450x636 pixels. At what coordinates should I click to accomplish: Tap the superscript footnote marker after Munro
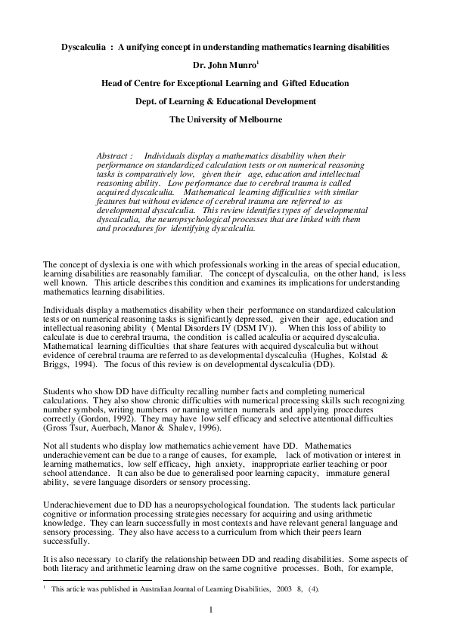256,63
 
